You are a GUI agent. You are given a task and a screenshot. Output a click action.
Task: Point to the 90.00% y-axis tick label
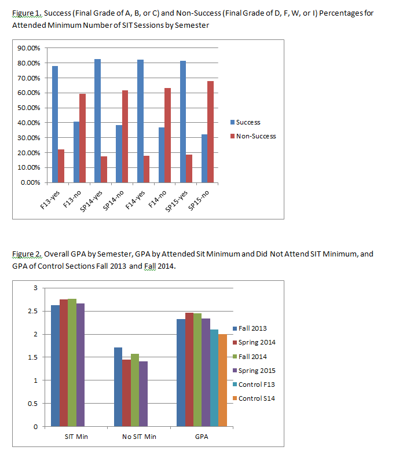(x=29, y=48)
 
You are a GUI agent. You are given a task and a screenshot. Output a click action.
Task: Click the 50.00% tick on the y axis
(x=29, y=108)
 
